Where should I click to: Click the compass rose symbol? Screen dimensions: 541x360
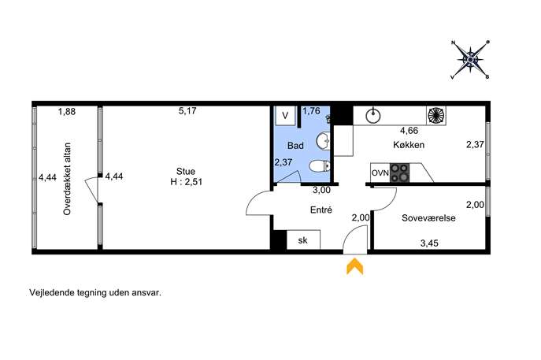(x=470, y=60)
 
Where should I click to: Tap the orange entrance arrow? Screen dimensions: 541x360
(x=354, y=267)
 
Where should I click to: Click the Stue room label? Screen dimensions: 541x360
(x=186, y=171)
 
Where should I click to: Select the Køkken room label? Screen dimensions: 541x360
(x=409, y=145)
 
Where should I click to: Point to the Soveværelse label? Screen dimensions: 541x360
(x=428, y=217)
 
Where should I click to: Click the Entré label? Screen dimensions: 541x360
(x=321, y=210)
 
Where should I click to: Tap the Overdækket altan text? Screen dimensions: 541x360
(x=67, y=179)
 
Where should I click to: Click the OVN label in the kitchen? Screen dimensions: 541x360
(x=380, y=173)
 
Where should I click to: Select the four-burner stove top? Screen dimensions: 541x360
(x=399, y=173)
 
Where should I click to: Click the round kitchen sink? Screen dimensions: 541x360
(x=373, y=115)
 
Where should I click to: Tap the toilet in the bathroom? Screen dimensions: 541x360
(x=320, y=166)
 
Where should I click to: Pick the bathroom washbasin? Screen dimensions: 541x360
(x=323, y=141)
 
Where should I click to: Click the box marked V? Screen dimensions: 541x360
(x=285, y=115)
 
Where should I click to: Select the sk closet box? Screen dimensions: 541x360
(x=303, y=239)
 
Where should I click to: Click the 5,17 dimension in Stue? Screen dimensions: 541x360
(x=187, y=110)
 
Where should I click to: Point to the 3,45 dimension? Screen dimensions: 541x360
(x=429, y=243)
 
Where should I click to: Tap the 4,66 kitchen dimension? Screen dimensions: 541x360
(x=409, y=131)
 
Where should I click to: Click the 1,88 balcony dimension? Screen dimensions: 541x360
(x=67, y=112)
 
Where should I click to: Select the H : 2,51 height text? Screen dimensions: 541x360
(x=187, y=182)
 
